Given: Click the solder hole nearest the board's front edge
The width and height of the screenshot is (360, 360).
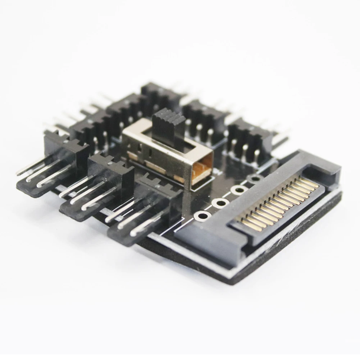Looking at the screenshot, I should pyautogui.click(x=202, y=216).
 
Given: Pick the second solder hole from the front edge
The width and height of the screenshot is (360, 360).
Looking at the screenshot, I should pyautogui.click(x=220, y=203).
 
